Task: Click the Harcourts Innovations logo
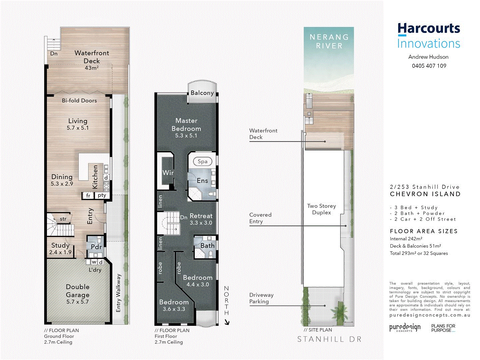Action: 429,36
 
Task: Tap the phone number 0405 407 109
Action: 429,66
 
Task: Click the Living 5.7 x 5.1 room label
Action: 78,124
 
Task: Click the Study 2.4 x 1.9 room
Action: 60,248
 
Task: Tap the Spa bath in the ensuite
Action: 203,162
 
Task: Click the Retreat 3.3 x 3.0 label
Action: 201,219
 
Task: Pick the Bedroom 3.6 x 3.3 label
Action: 174,305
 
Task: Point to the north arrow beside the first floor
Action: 227,322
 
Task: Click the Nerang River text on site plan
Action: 329,41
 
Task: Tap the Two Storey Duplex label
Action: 321,209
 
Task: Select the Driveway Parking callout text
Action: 261,298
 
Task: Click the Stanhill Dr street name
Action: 329,339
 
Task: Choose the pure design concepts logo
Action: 405,328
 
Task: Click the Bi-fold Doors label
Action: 79,100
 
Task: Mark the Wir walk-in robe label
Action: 168,173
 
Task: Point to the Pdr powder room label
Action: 96,247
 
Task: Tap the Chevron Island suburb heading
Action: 425,194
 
